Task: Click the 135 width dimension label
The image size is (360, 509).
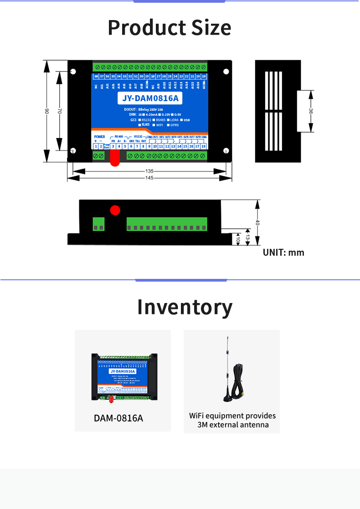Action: pos(149,171)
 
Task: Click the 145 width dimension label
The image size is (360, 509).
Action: pos(149,178)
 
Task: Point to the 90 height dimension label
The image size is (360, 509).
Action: pos(46,111)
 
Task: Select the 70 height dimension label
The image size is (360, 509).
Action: pos(60,111)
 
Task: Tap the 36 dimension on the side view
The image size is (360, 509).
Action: pos(311,111)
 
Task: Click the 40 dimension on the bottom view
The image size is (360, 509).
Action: pos(257,223)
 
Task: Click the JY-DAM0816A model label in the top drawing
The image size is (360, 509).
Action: pos(150,98)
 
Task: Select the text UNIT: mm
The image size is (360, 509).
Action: pos(283,252)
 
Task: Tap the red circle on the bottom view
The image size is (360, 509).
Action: pos(115,210)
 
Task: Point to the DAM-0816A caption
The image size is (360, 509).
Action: pos(118,418)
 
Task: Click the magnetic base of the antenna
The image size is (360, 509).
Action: pos(228,398)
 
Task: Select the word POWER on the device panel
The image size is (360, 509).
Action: pos(99,137)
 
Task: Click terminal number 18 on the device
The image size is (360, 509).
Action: pos(203,146)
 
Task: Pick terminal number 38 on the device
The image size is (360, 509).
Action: pos(96,76)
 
